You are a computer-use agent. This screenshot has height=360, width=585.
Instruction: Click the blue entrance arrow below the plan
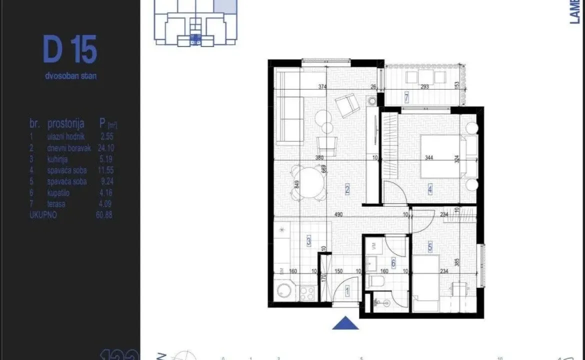click(345, 323)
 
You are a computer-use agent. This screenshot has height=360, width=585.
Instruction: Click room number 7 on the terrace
click(406, 98)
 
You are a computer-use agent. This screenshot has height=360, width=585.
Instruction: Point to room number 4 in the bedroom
click(429, 189)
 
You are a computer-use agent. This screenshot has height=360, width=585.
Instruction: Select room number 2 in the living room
click(346, 189)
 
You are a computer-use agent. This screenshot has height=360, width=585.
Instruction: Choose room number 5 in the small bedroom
click(430, 246)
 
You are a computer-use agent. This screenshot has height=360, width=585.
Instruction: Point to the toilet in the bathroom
click(375, 282)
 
